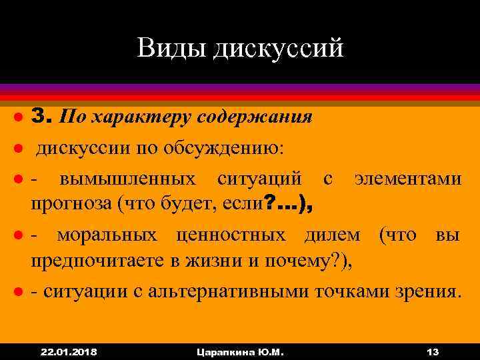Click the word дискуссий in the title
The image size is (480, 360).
279,48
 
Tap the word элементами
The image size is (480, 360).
407,179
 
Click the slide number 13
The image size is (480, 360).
431,351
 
